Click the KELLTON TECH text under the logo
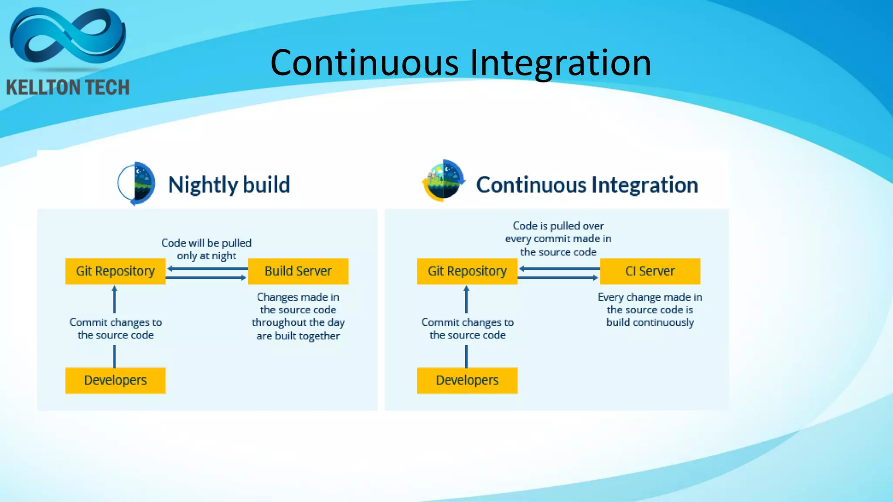68,88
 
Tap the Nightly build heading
229,185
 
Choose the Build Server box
298,271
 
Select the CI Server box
650,271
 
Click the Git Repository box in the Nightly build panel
116,271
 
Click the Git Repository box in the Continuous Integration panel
467,271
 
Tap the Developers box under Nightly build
116,380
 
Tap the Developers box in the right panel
467,380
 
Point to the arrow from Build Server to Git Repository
207,269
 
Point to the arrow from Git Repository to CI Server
558,278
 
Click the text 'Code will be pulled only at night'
206,249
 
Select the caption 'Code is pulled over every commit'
558,238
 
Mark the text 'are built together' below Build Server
298,336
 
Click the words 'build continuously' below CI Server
650,322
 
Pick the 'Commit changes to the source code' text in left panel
116,329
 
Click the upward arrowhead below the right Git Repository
466,288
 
